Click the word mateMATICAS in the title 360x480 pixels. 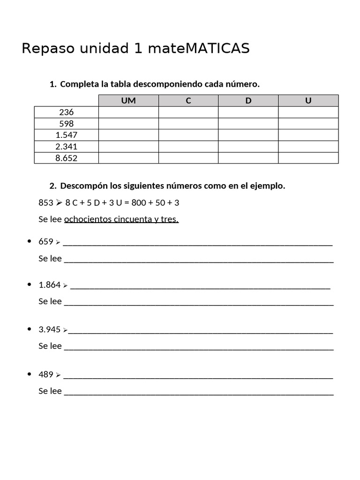198,48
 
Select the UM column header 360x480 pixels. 128,101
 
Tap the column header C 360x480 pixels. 188,101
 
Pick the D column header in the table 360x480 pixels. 248,101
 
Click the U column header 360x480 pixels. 308,101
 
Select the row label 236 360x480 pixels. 67,112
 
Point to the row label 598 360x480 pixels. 67,124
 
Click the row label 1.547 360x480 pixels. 67,135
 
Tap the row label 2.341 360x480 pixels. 67,147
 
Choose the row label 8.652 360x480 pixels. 67,158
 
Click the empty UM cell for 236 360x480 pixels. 128,112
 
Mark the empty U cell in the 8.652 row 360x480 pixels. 308,158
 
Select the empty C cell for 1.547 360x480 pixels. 188,135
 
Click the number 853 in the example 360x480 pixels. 46,203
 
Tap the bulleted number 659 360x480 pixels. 46,242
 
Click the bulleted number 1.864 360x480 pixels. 50,285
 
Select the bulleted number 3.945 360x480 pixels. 50,330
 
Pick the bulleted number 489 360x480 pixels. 46,375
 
